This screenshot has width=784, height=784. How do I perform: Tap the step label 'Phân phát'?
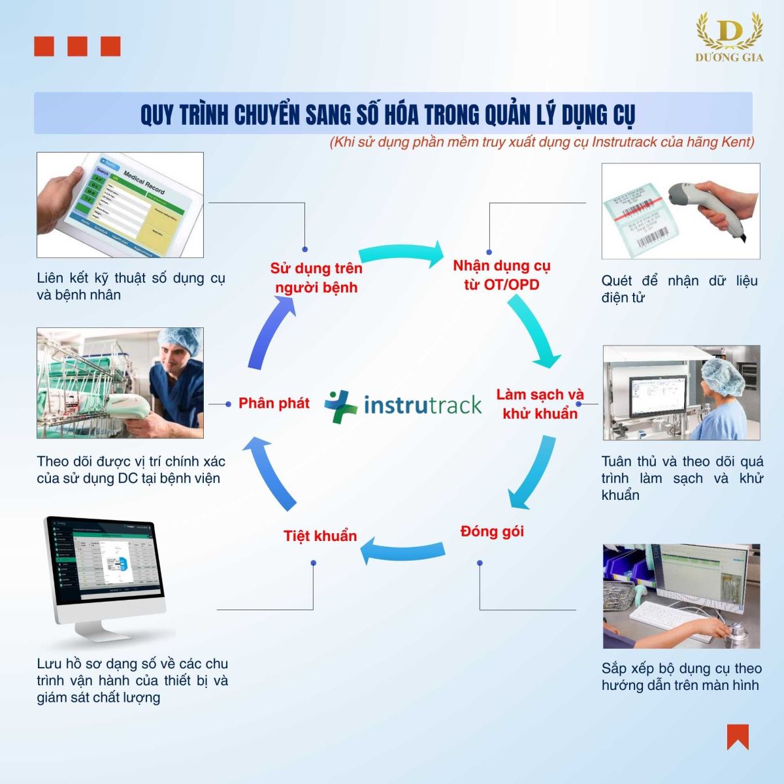pos(274,403)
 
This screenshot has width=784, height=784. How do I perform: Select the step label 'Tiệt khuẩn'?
pos(320,536)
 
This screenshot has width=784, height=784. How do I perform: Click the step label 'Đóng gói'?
pos(492,531)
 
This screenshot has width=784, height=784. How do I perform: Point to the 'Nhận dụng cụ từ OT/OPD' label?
pos(502,275)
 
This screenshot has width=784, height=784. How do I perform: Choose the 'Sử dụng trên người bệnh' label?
pos(316,278)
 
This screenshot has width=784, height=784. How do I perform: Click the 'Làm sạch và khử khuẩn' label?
pos(540,404)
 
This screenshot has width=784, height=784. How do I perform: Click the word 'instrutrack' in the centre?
pos(423,405)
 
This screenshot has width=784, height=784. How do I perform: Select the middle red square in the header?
pos(77,46)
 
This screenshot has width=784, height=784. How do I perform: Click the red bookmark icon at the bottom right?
pos(738,736)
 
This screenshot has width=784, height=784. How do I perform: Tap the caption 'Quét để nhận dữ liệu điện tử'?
pos(679,289)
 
